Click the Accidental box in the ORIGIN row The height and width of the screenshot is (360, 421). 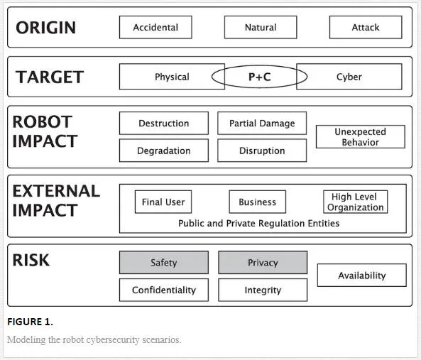(x=155, y=27)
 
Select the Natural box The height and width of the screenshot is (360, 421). (x=261, y=27)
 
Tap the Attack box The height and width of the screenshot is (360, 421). (x=366, y=27)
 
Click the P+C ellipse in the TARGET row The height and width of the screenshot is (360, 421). (x=259, y=66)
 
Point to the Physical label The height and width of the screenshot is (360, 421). (x=172, y=77)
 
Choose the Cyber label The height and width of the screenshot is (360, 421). (x=349, y=77)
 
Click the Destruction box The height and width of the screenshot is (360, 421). (x=164, y=124)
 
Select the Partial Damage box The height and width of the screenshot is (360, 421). (x=262, y=124)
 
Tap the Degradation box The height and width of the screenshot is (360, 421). (x=164, y=151)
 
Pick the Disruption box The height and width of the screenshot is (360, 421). (x=262, y=151)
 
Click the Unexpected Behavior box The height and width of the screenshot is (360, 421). (x=361, y=136)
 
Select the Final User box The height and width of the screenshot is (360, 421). (x=163, y=202)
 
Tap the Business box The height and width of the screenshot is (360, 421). (x=257, y=202)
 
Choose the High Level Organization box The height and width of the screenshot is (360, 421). (x=355, y=202)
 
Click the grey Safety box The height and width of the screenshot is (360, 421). (x=164, y=262)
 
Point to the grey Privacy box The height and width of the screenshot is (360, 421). (x=263, y=262)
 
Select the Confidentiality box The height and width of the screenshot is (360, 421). (x=164, y=290)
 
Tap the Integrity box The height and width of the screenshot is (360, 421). (x=263, y=290)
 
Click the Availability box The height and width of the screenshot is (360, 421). (x=361, y=276)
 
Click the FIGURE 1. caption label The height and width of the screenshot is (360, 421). (x=30, y=322)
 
